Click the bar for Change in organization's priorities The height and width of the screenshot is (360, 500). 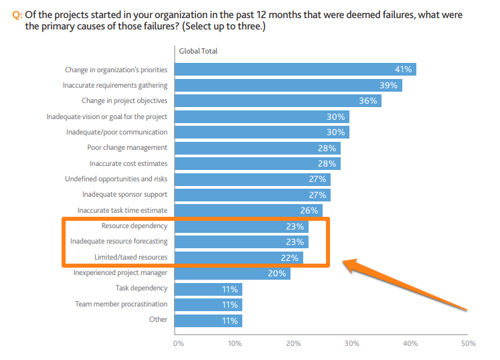pyautogui.click(x=295, y=70)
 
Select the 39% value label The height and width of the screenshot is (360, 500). pyautogui.click(x=388, y=86)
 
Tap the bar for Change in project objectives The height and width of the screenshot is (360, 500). pyautogui.click(x=278, y=101)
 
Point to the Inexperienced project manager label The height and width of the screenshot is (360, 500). pyautogui.click(x=120, y=273)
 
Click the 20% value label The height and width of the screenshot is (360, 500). pyautogui.click(x=277, y=273)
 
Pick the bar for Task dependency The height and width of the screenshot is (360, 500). pyautogui.click(x=207, y=288)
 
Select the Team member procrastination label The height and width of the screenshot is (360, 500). pyautogui.click(x=120, y=304)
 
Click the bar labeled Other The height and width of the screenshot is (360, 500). pyautogui.click(x=207, y=320)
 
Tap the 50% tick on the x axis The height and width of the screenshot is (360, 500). pyautogui.click(x=469, y=343)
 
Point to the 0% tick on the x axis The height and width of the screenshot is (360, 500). pyautogui.click(x=178, y=343)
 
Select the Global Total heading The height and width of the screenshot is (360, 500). pyautogui.click(x=198, y=51)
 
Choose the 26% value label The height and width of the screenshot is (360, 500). pyautogui.click(x=309, y=211)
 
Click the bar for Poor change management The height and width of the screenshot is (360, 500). pyautogui.click(x=258, y=148)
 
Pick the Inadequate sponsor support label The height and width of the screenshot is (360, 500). pyautogui.click(x=125, y=195)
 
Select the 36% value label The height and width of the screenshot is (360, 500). pyautogui.click(x=367, y=101)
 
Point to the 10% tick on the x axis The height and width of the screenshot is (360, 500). pyautogui.click(x=235, y=343)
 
